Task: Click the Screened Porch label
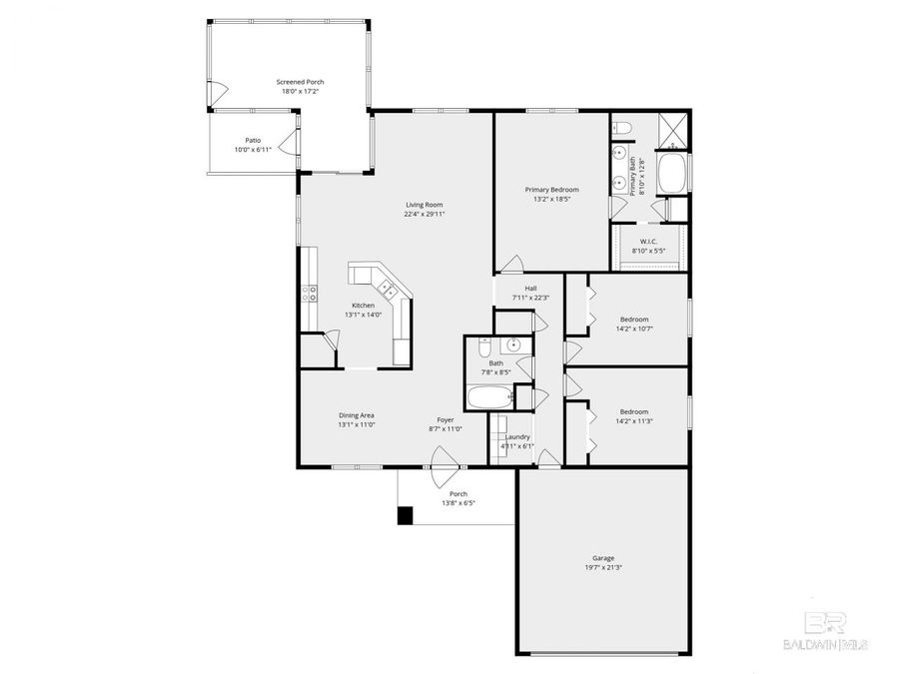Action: [x=301, y=82]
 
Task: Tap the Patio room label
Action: [x=253, y=141]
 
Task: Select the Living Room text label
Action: [x=424, y=205]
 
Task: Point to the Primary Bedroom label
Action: [x=551, y=189]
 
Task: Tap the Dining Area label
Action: [x=356, y=415]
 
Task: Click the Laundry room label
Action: [x=517, y=436]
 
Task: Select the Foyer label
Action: [x=446, y=419]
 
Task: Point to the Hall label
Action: [x=530, y=288]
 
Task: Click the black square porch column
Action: [x=405, y=515]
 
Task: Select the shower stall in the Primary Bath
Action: [x=674, y=128]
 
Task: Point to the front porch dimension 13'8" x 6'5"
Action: [x=457, y=502]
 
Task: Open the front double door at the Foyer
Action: [x=445, y=461]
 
